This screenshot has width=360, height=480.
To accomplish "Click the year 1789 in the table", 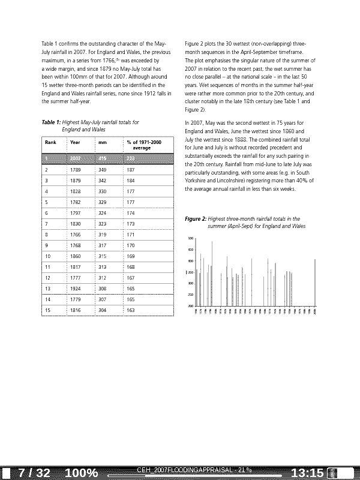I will click(x=75, y=170).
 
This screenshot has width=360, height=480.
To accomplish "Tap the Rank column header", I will click(x=50, y=142).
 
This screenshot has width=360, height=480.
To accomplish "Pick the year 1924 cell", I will click(x=75, y=288).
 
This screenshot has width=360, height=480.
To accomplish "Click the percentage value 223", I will click(x=131, y=158).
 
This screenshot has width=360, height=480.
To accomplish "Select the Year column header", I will click(x=75, y=142).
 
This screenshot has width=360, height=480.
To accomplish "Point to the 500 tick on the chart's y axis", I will click(x=190, y=239).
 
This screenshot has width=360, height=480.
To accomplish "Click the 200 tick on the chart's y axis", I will click(x=190, y=306).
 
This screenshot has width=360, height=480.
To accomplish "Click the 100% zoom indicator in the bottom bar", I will click(x=81, y=473).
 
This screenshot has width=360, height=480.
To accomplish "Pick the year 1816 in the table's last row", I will click(x=75, y=310).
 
